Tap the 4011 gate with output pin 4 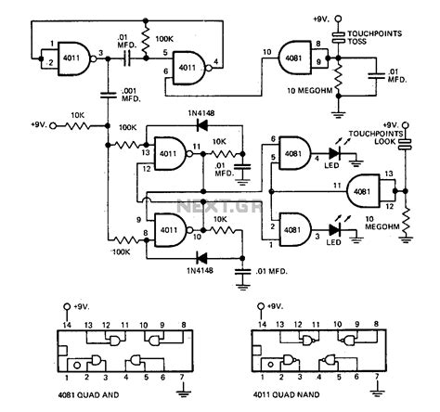coord(189,66)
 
